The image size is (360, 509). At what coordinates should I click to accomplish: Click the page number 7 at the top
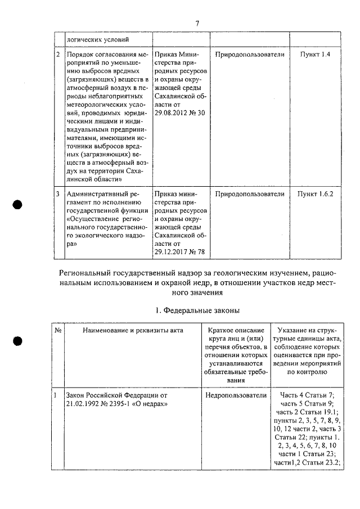click(197, 22)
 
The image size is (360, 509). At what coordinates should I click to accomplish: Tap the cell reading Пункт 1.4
click(315, 55)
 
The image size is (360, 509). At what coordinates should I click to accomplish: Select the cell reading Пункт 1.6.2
click(315, 194)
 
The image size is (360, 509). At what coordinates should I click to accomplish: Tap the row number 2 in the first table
click(58, 55)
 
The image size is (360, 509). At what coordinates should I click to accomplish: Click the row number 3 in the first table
click(58, 194)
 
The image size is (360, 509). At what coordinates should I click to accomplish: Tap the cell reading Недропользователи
click(236, 396)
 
